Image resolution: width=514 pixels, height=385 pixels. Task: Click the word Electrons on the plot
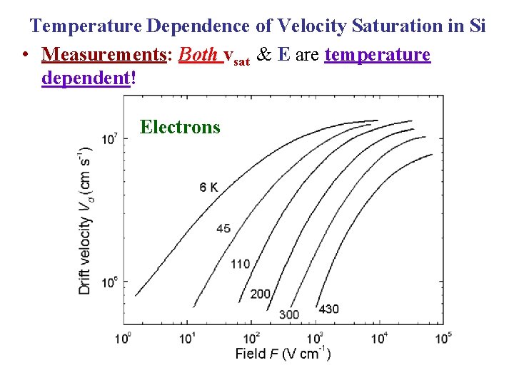coord(180,128)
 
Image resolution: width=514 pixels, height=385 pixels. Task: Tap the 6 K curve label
coord(209,188)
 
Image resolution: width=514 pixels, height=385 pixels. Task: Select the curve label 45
coord(223,228)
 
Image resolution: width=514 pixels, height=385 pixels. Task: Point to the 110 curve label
coord(241,264)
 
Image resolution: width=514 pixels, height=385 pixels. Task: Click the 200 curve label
coord(261,294)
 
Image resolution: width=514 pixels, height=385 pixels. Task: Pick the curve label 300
coord(288,314)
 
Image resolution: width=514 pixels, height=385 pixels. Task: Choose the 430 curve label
coord(328,309)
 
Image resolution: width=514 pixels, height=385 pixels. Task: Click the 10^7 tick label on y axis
coord(109,138)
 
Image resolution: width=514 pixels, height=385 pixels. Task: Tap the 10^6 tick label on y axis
coord(109,282)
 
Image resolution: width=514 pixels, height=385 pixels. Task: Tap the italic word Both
coord(199,55)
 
